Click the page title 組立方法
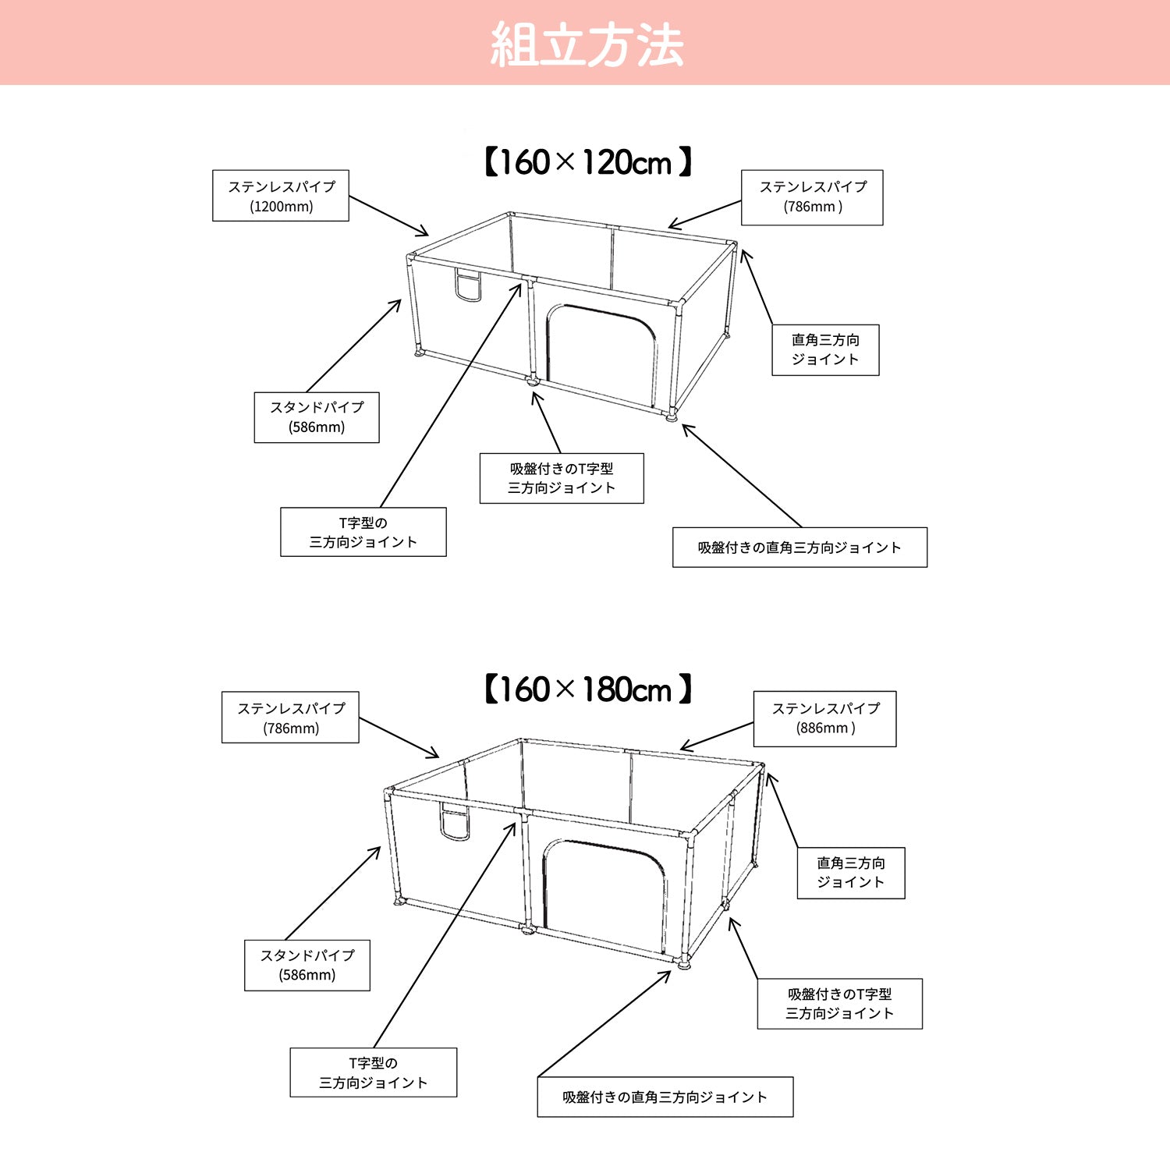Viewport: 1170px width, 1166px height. (x=587, y=44)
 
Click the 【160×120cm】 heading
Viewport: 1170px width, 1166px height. (x=587, y=162)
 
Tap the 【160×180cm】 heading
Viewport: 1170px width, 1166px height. (x=587, y=689)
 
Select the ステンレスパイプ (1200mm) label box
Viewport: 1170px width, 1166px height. (x=281, y=196)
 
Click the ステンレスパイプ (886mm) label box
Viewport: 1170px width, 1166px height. (x=824, y=718)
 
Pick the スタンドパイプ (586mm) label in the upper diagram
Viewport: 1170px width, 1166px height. (x=317, y=417)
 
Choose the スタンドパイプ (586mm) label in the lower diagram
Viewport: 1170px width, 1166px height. (x=307, y=966)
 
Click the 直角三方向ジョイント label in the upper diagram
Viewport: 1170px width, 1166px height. (x=825, y=350)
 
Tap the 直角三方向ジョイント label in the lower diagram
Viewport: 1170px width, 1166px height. (x=851, y=873)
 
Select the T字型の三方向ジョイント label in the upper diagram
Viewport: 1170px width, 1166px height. (x=363, y=532)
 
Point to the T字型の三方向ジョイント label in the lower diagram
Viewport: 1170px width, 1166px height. (x=374, y=1072)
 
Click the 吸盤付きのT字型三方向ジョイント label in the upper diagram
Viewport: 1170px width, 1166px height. (x=562, y=478)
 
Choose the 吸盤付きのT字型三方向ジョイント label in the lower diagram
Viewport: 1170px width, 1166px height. (x=840, y=1004)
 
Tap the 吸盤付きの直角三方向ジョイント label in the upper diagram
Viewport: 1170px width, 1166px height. (x=800, y=548)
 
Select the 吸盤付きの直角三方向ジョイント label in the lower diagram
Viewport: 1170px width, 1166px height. (x=665, y=1097)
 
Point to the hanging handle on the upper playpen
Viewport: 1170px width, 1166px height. (x=468, y=286)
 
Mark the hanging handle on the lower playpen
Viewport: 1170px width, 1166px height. (x=455, y=822)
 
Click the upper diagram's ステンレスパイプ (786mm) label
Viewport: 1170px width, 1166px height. (x=812, y=197)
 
